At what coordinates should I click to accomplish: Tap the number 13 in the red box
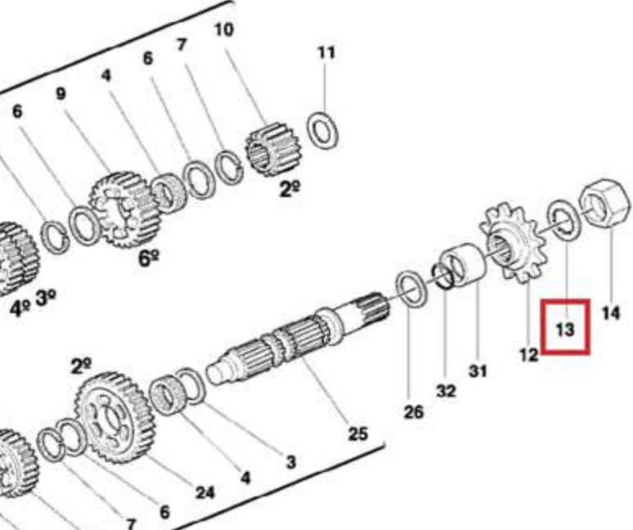pyautogui.click(x=565, y=330)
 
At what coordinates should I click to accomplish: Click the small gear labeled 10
pyautogui.click(x=273, y=150)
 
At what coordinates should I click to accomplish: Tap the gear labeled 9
pyautogui.click(x=122, y=209)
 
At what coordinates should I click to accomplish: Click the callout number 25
pyautogui.click(x=357, y=433)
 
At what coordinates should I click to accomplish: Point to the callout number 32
pyautogui.click(x=446, y=391)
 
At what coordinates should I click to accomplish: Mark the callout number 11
pyautogui.click(x=326, y=53)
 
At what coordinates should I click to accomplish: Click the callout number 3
pyautogui.click(x=290, y=462)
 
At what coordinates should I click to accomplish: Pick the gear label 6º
pyautogui.click(x=148, y=258)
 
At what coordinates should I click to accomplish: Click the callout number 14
pyautogui.click(x=611, y=312)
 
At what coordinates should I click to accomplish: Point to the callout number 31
pyautogui.click(x=478, y=371)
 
